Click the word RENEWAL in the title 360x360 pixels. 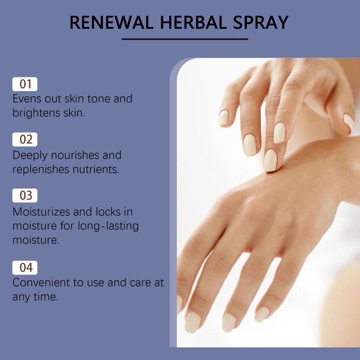(x=111, y=22)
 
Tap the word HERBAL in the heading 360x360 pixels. (x=193, y=22)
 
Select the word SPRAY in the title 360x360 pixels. (x=261, y=22)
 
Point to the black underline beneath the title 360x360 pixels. (x=185, y=39)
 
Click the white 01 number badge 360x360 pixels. (x=25, y=84)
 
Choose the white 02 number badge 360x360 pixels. (x=25, y=139)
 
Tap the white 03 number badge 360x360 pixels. (x=25, y=195)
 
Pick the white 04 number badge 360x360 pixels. (x=25, y=268)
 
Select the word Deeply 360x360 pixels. (x=30, y=156)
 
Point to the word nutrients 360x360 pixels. (x=96, y=170)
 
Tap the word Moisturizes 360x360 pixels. (x=41, y=211)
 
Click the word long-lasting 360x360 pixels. (x=108, y=226)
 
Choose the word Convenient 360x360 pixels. (x=41, y=283)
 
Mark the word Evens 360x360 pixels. (x=27, y=99)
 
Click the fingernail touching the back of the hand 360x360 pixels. (x=270, y=161)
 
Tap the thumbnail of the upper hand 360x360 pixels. (x=349, y=122)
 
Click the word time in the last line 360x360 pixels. (x=46, y=297)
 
